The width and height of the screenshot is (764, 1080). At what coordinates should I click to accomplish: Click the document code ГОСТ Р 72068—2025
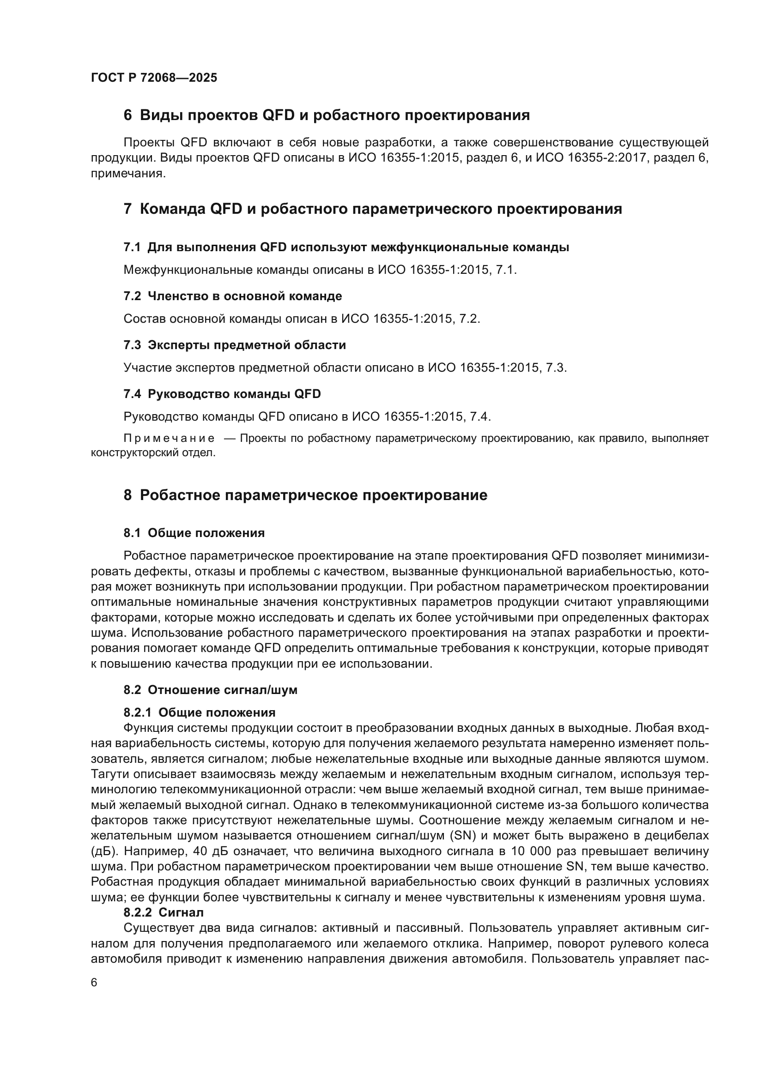[154, 78]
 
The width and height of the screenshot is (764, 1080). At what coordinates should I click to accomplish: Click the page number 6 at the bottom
[94, 983]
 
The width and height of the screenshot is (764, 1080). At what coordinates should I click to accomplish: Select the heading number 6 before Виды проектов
[127, 115]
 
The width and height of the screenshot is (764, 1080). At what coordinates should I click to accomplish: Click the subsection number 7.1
[132, 247]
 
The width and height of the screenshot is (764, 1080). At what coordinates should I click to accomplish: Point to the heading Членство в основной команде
[245, 296]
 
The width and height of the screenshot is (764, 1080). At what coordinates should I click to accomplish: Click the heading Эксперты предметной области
[247, 345]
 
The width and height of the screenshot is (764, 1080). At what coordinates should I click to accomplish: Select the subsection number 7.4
[132, 394]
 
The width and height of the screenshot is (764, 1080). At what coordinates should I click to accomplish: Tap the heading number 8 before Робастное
[127, 495]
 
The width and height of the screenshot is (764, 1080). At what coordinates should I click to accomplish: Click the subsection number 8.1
[132, 533]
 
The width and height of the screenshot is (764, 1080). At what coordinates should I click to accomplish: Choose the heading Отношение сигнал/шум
[223, 690]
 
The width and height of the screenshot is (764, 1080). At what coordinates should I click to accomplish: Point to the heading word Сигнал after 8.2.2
[181, 912]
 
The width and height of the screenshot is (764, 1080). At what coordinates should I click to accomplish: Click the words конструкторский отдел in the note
[153, 453]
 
